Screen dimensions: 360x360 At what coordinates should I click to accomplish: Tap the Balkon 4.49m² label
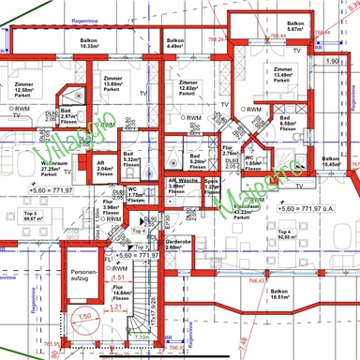tap(174, 44)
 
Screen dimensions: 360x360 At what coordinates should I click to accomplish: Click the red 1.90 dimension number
tap(332, 61)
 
